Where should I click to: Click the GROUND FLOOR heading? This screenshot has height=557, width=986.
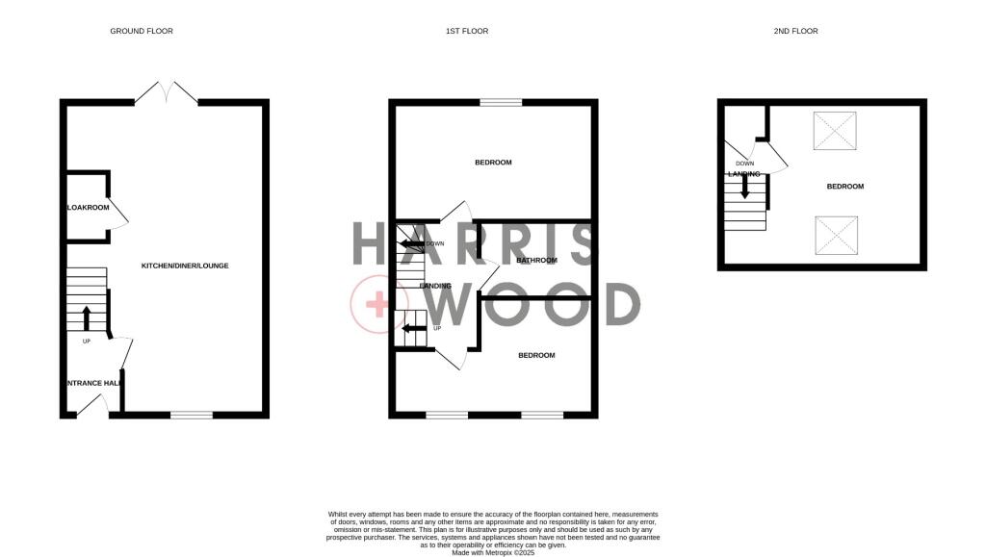[142, 32]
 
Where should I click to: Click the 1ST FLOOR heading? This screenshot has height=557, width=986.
[467, 32]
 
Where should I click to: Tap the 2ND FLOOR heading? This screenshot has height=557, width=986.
[795, 32]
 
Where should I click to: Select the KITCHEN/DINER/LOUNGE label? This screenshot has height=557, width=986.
[185, 266]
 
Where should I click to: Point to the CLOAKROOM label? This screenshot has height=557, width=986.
[88, 208]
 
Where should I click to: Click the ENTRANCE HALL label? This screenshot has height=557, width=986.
[93, 383]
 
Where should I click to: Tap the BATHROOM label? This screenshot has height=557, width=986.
[536, 261]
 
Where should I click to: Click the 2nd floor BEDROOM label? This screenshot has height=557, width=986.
[845, 187]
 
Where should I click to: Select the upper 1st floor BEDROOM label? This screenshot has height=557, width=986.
[493, 163]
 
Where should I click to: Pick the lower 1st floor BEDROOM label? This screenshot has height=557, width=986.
[536, 356]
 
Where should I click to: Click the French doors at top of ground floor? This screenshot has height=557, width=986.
[167, 92]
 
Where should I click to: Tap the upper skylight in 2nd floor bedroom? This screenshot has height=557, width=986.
[834, 131]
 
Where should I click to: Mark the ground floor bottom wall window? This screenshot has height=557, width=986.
[191, 415]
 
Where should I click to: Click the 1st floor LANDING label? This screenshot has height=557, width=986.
[435, 286]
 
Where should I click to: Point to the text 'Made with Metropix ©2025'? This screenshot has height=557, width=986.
[492, 552]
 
